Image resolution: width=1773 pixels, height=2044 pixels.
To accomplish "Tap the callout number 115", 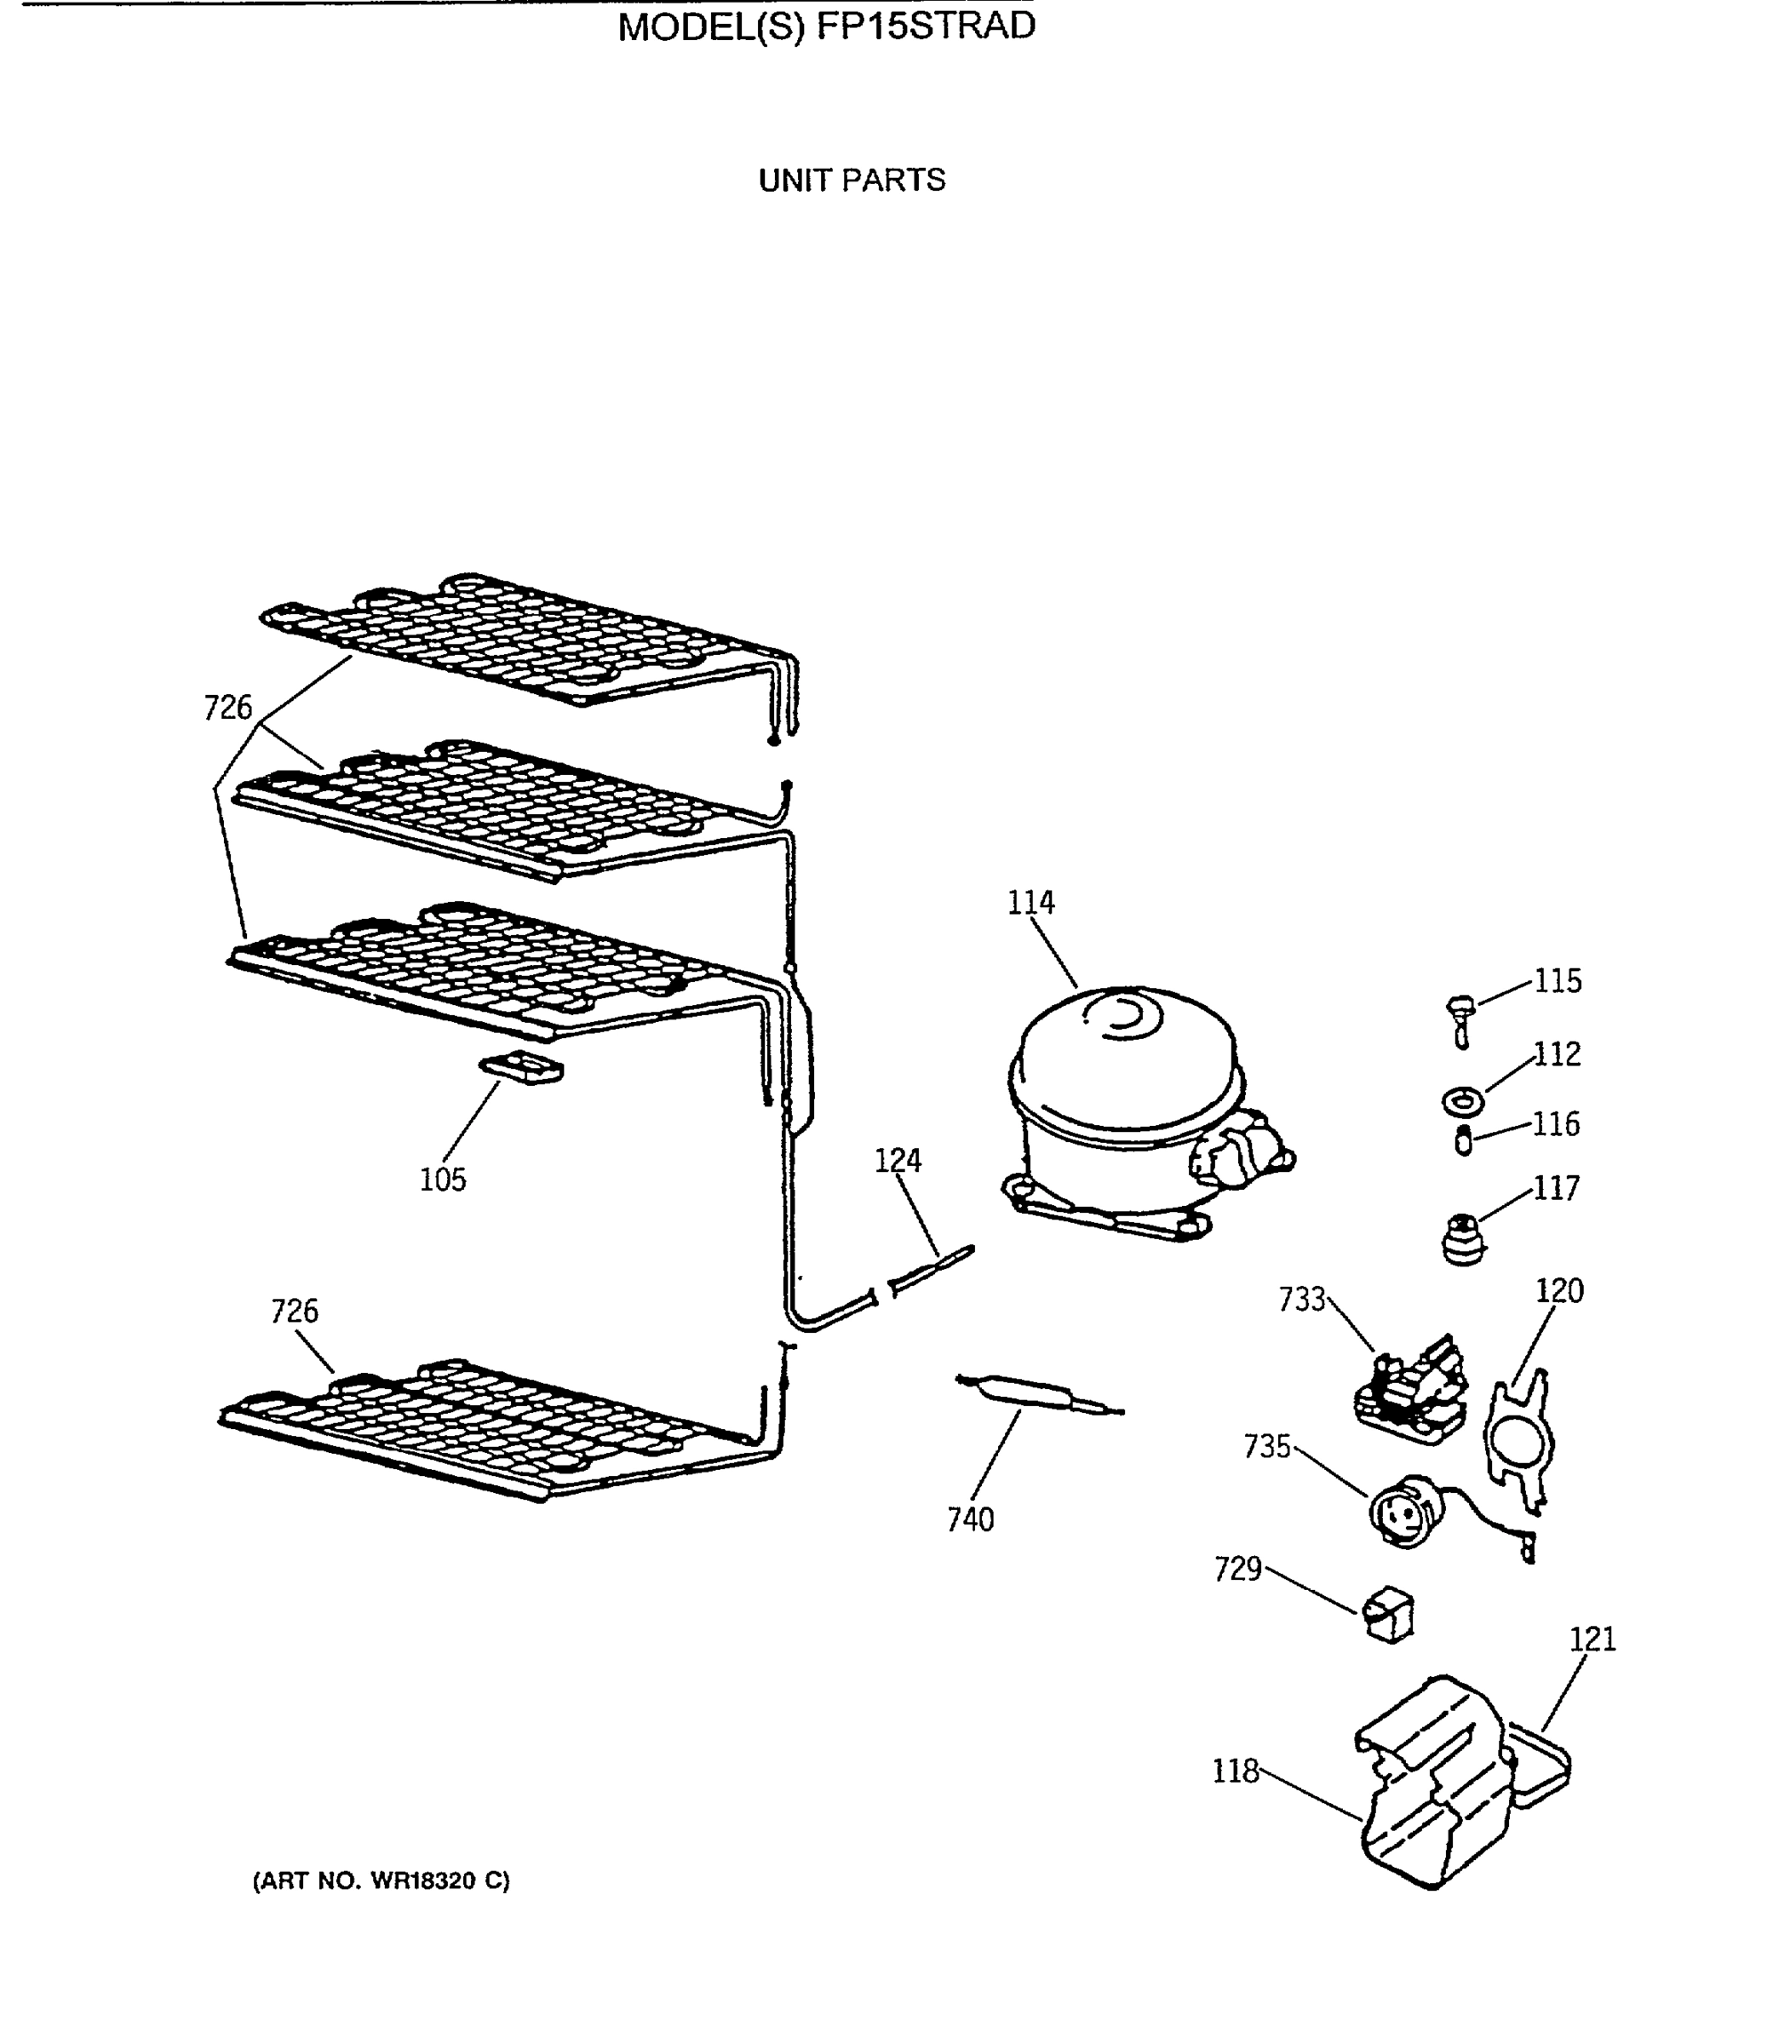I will (1558, 981).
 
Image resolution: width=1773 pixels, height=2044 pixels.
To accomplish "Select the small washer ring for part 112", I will (1461, 1100).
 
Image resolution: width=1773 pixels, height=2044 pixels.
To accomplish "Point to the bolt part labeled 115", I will (1461, 1020).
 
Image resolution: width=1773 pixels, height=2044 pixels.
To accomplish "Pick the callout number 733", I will (1301, 1299).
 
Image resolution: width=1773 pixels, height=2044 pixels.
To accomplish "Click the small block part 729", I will (1389, 1616).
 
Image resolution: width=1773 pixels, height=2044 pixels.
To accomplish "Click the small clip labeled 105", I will (521, 1069).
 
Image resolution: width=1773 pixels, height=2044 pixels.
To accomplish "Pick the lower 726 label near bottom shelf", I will (294, 1311).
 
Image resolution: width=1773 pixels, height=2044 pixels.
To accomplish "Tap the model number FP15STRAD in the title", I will (925, 26).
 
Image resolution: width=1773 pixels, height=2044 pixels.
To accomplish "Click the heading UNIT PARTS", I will (852, 180).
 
